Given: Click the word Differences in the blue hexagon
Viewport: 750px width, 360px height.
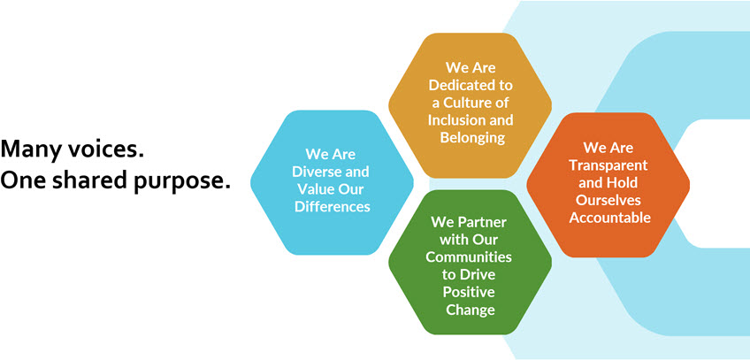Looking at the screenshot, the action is pos(333,206).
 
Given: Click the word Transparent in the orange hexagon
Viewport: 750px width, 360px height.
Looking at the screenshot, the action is pos(608,165).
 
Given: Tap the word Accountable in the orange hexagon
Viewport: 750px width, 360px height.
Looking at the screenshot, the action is pos(610,218).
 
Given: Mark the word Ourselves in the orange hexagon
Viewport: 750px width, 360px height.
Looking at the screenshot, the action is pos(608,200).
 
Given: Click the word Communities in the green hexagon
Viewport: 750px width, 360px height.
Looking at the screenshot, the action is pos(469,257).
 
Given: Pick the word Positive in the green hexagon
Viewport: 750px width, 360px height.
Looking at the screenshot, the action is pos(469,292).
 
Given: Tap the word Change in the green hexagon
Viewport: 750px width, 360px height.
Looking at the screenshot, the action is pos(471,310).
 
